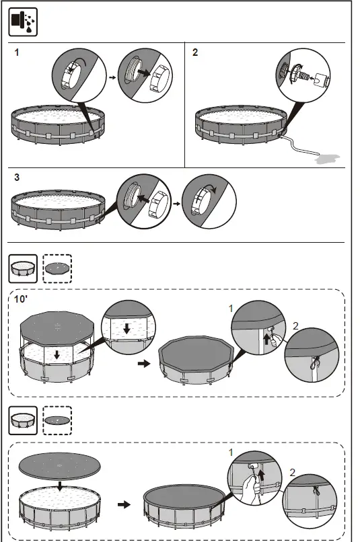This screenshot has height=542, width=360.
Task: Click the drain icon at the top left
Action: point(23,23)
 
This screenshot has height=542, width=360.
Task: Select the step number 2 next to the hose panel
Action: point(195,52)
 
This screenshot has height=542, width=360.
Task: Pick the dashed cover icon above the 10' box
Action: point(57,269)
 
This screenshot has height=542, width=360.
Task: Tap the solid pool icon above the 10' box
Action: point(22,269)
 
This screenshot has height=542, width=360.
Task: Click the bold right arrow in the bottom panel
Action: point(124,503)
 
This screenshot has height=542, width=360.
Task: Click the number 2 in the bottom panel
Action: point(291,472)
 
